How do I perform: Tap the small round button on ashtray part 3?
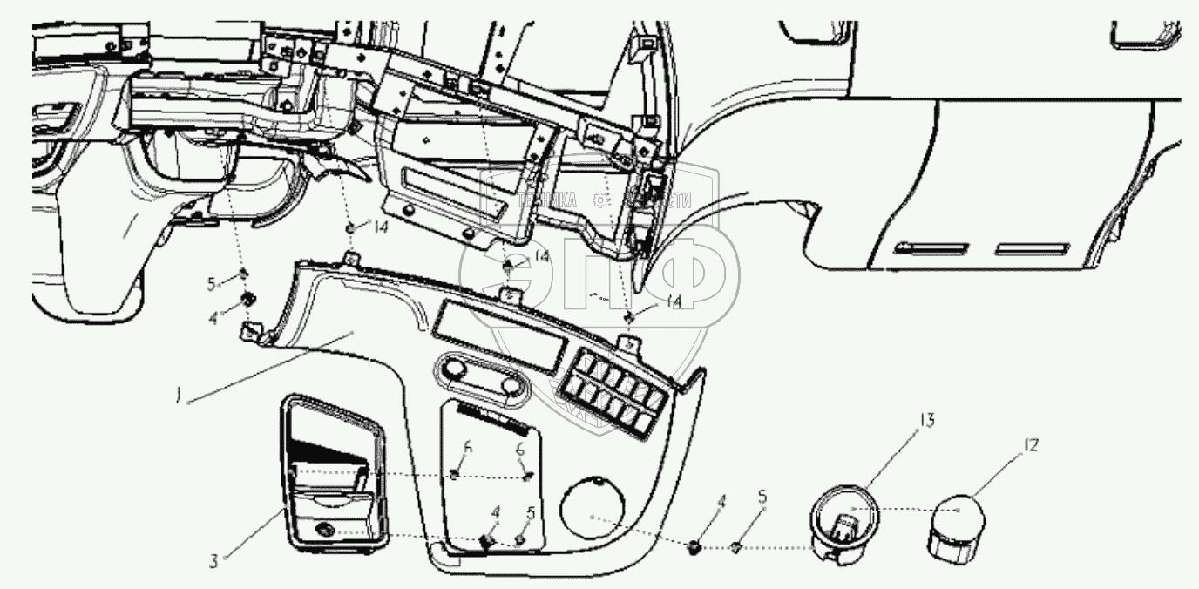click(326, 528)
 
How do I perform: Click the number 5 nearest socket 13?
click(763, 498)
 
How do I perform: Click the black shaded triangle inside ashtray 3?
click(327, 448)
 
